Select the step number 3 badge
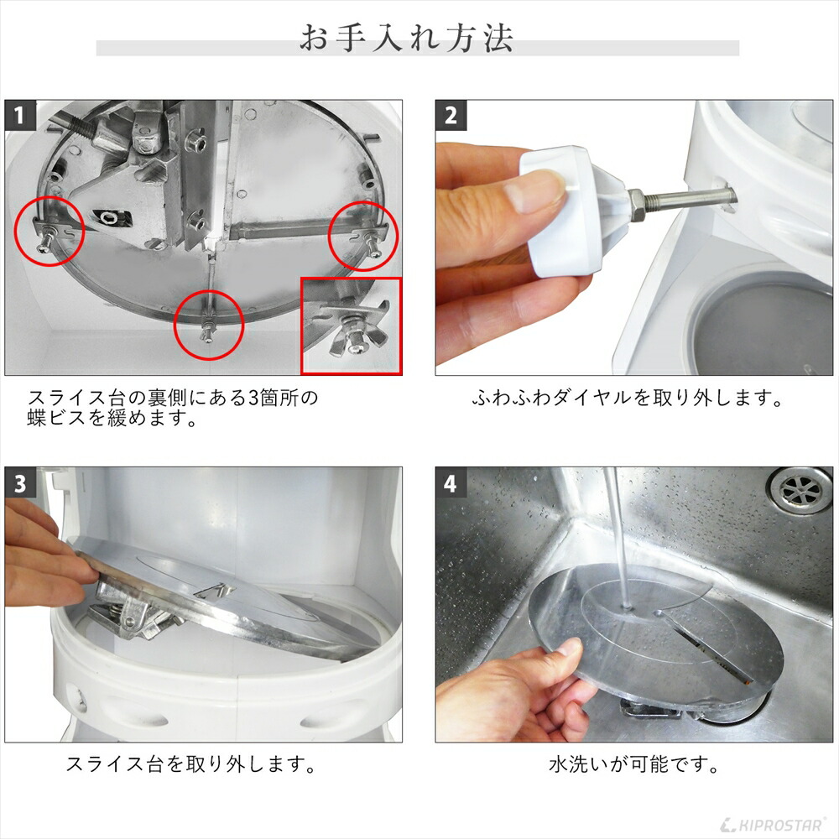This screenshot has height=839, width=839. (x=20, y=482)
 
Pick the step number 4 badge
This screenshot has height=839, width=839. (x=451, y=482)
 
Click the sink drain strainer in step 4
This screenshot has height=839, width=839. (x=799, y=489)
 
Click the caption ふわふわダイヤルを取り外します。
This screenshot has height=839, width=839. (x=627, y=398)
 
